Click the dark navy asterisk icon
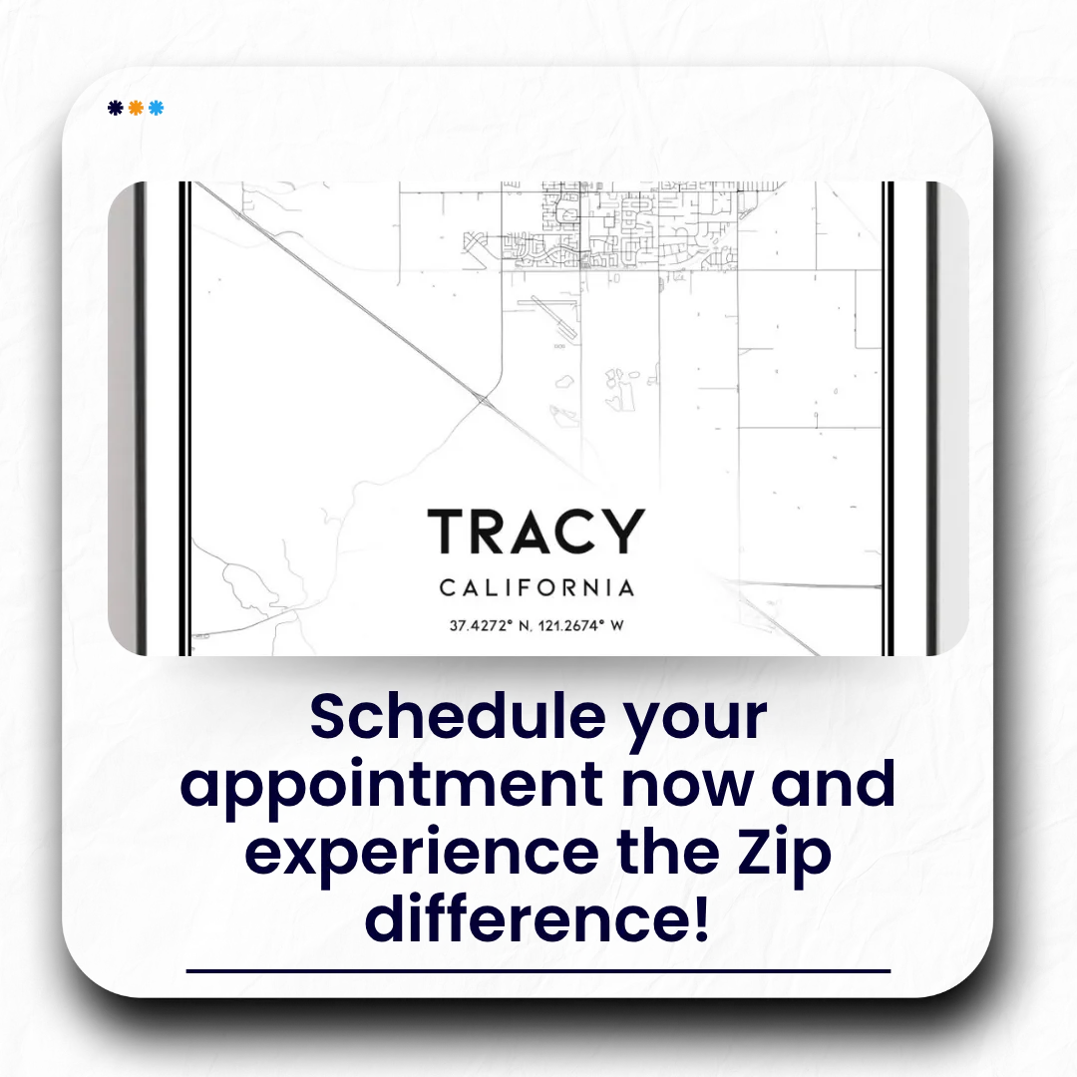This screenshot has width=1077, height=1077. pos(116,108)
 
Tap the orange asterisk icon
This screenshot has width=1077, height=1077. pos(136,108)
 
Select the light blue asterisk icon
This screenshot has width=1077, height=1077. pos(157,108)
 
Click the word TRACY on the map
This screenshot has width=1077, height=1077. pos(537,531)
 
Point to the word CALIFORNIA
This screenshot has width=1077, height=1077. pos(537,588)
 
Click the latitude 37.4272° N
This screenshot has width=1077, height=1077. pos(490,625)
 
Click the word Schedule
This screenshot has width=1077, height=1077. pos(458,717)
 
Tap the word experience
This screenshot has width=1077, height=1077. pos(422,855)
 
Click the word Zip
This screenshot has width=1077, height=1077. pos(785,855)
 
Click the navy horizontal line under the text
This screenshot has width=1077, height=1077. pos(538,971)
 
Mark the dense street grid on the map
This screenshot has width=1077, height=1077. pos(618,226)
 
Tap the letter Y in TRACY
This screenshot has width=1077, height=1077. pos(624,531)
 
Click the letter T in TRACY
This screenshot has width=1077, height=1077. pos(448,531)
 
